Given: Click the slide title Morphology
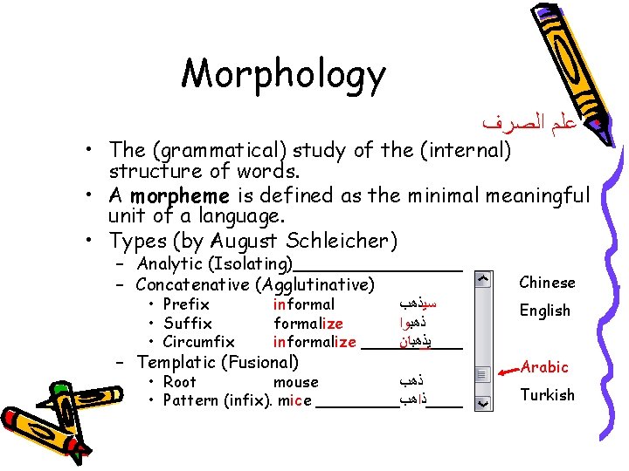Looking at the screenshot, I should point(282,75).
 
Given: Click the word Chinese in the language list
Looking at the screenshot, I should point(547,283).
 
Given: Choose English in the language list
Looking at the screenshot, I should point(544,311).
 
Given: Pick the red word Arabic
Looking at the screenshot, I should point(544,367).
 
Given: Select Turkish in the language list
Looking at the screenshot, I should point(547,395).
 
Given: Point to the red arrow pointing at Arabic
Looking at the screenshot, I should point(506,371).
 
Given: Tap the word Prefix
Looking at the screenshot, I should point(186,304).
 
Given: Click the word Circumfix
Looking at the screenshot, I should point(198,342).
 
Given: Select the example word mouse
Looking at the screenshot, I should point(295,382).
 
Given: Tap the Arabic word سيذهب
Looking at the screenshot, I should point(417,304).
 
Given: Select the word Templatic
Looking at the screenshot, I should point(174,362).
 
